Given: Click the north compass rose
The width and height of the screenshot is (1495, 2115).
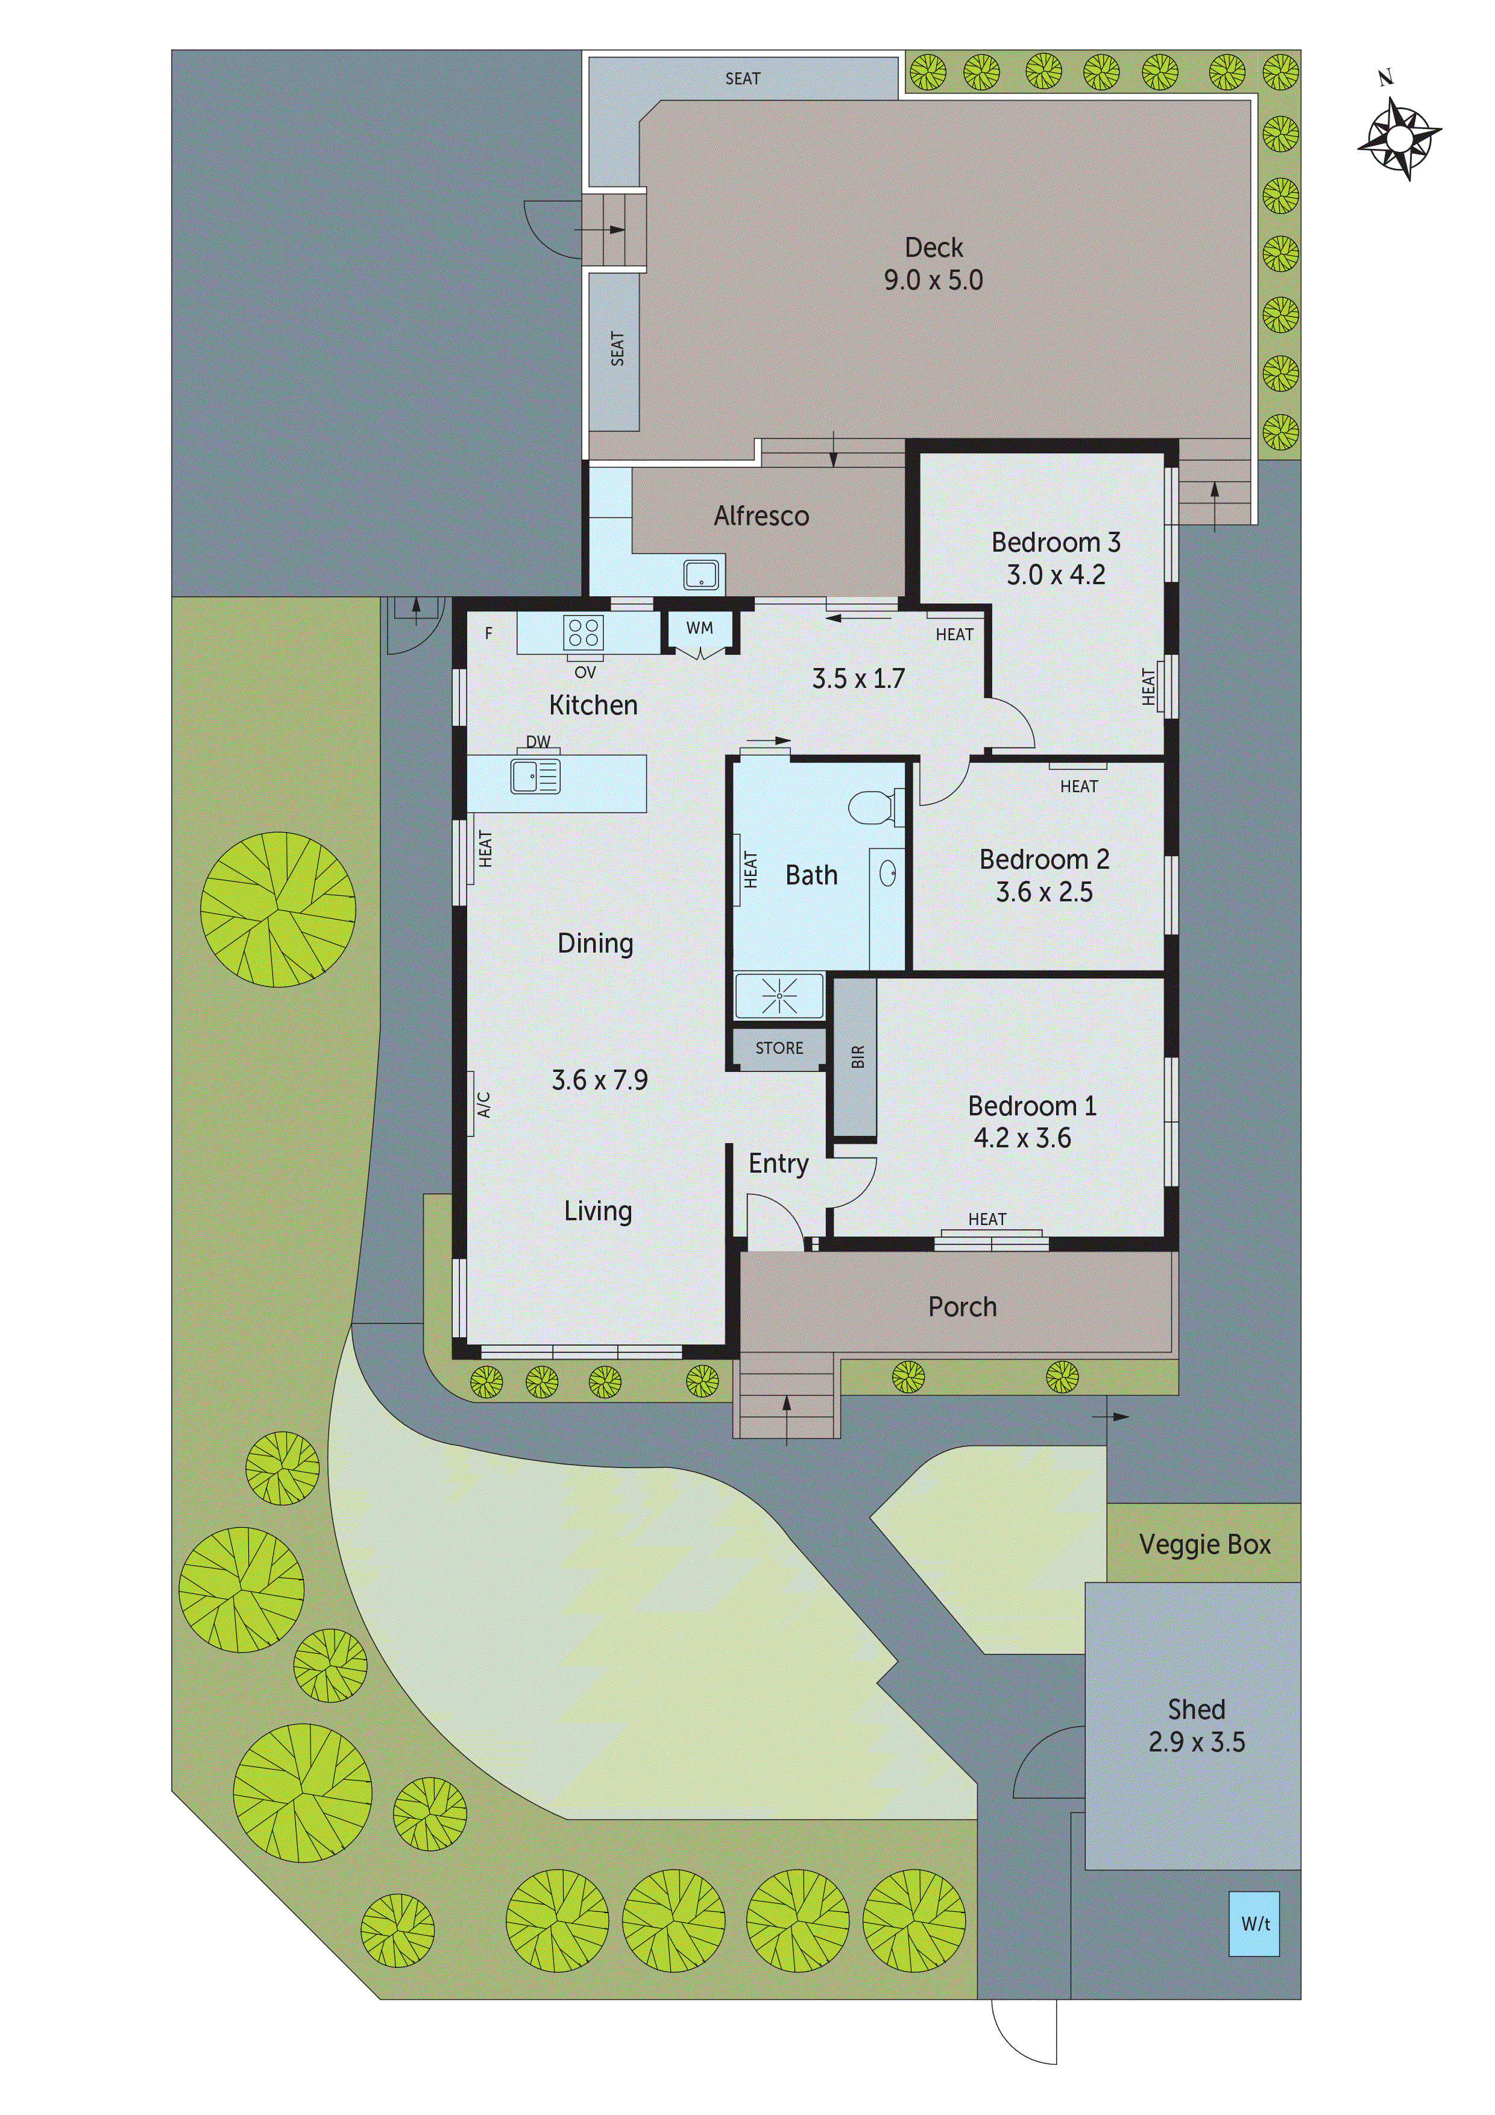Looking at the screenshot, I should [1399, 137].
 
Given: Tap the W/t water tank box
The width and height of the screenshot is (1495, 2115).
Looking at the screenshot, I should [1254, 1923].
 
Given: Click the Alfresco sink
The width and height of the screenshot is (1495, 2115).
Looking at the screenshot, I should [701, 575].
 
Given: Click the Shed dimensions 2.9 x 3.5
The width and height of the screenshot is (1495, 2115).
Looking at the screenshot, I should [1195, 1742].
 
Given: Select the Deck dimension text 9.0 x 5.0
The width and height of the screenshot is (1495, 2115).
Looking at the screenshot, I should [933, 280].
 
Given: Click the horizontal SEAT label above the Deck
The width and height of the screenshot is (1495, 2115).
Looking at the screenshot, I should [743, 78].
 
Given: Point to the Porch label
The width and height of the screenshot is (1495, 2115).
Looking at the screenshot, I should [962, 1307].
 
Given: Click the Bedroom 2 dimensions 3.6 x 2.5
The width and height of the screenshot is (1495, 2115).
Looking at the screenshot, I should [1043, 892].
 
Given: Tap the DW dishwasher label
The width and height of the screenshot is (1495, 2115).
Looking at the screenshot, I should [538, 742].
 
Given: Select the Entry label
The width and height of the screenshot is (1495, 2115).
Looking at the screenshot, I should [778, 1164].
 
